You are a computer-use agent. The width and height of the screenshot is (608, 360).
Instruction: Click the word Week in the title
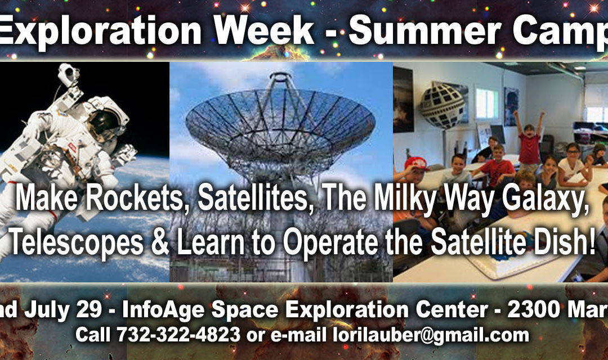tap(264, 31)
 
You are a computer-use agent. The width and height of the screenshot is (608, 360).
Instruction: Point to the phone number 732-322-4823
tap(178, 335)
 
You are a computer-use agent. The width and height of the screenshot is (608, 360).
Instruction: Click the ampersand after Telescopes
tap(160, 241)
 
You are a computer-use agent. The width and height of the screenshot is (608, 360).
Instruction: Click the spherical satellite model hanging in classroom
tap(442, 104)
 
